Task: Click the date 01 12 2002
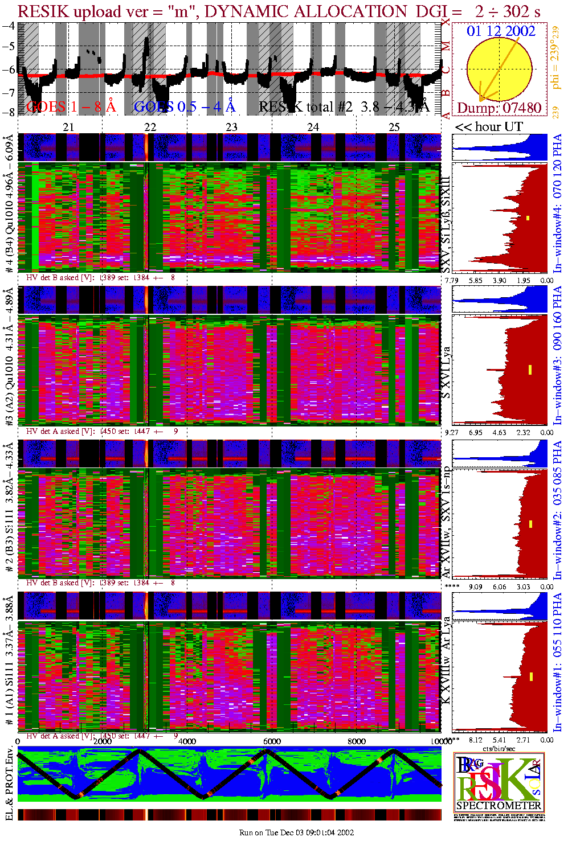tap(501, 31)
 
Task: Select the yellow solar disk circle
tap(500, 69)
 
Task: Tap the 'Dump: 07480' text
tap(499, 108)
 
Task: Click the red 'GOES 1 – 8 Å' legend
tap(71, 106)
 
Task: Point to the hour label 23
tap(231, 127)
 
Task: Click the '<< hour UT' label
tap(488, 126)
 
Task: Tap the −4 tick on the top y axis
tap(9, 26)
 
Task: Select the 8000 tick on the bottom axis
tap(357, 741)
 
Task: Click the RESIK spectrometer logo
tap(499, 782)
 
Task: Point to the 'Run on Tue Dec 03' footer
tap(296, 832)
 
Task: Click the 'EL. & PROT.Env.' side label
tap(9, 788)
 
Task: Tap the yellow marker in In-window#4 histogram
tap(528, 218)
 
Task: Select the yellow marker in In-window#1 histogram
tap(531, 676)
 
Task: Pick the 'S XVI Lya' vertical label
tap(447, 373)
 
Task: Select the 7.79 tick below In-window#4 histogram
tap(451, 280)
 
